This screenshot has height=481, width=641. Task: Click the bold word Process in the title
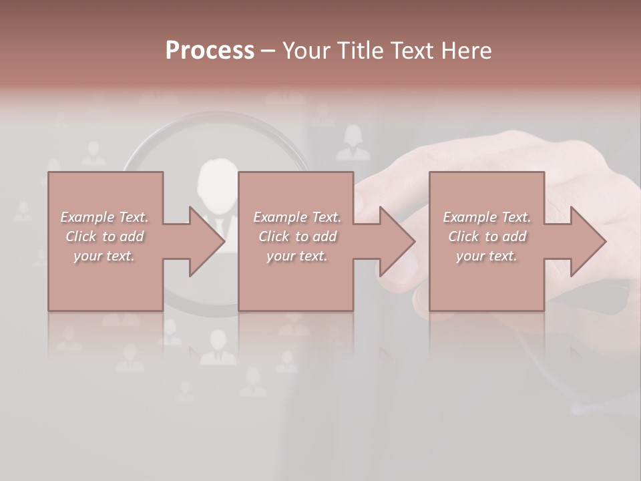pos(210,51)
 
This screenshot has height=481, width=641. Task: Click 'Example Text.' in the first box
pos(104,217)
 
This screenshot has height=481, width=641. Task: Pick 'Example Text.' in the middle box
pos(296,217)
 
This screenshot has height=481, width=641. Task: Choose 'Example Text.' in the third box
pos(487,217)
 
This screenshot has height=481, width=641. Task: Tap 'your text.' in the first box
pos(104,256)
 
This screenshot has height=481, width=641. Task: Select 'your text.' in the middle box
pos(296,256)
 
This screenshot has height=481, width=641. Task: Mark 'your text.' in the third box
pos(487,256)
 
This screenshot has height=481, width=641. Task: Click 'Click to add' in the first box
pos(104,236)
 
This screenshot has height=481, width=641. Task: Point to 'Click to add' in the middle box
pos(296,236)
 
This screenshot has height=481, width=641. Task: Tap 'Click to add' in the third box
pos(487,236)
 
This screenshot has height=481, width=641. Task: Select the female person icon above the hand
pos(353,143)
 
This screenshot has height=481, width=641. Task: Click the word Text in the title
pos(413,51)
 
